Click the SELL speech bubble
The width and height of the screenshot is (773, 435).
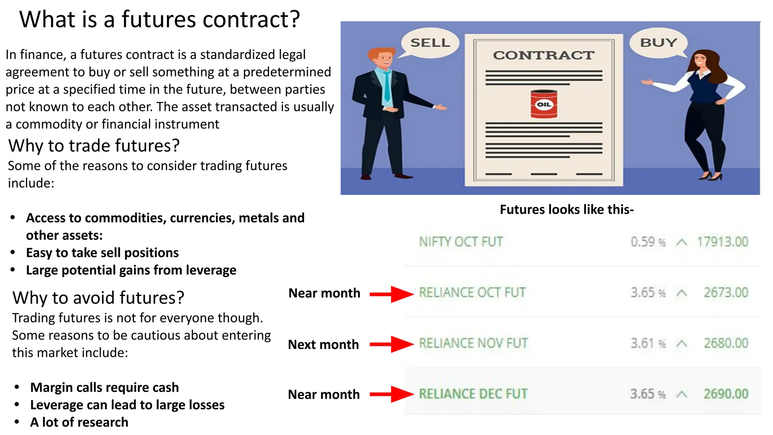pos(430,43)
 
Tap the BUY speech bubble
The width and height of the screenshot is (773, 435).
pos(658,43)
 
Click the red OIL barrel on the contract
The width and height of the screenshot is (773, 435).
pos(544,104)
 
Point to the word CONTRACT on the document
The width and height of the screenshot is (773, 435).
pos(544,55)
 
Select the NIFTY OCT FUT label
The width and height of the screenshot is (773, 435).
pos(461,242)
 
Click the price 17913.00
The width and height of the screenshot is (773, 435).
pos(722,242)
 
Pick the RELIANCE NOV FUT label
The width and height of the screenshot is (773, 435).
pos(473,343)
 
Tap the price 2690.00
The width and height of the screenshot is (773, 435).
pos(725,394)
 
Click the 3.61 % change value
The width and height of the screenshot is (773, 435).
pos(648,343)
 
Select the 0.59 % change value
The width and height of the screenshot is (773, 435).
pos(648,242)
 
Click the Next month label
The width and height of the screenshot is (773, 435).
pos(323,344)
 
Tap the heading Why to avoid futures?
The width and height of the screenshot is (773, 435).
pos(98,298)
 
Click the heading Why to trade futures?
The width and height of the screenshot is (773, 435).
pos(94,145)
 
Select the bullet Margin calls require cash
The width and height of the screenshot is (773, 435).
pos(105,387)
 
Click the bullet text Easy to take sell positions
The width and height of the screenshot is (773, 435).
pos(102,253)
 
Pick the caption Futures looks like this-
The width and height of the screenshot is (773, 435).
pos(567,209)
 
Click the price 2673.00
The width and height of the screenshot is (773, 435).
pos(725,293)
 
